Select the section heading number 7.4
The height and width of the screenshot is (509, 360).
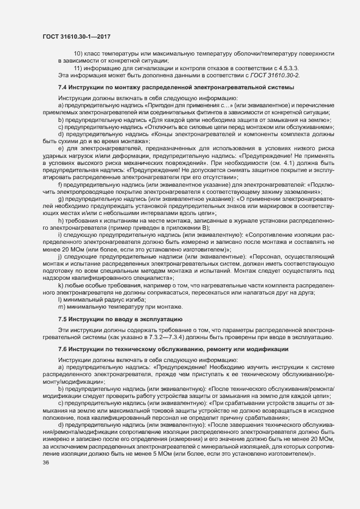pos(63,87)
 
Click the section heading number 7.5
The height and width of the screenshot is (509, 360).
pos(63,318)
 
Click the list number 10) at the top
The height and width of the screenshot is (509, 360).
pos(78,53)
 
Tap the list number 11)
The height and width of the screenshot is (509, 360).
pos(78,67)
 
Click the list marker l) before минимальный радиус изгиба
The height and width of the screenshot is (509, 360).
pos(59,300)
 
